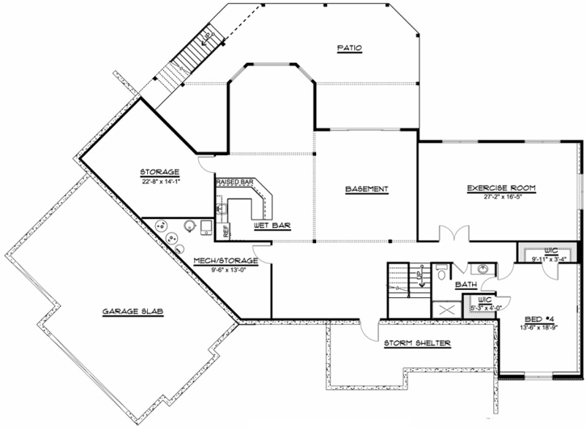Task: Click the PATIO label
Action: (x=349, y=49)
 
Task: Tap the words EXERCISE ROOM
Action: (x=501, y=188)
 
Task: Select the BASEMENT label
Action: (x=366, y=190)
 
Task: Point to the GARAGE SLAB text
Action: (x=133, y=311)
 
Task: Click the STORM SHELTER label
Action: (x=417, y=342)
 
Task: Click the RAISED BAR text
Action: (x=234, y=183)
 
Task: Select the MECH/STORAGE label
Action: (x=226, y=261)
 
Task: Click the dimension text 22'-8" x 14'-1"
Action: (x=159, y=181)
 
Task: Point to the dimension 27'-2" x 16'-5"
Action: (x=501, y=198)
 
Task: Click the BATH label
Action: (x=466, y=285)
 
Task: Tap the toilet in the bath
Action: (x=441, y=272)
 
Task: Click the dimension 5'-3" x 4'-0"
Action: (x=486, y=308)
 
